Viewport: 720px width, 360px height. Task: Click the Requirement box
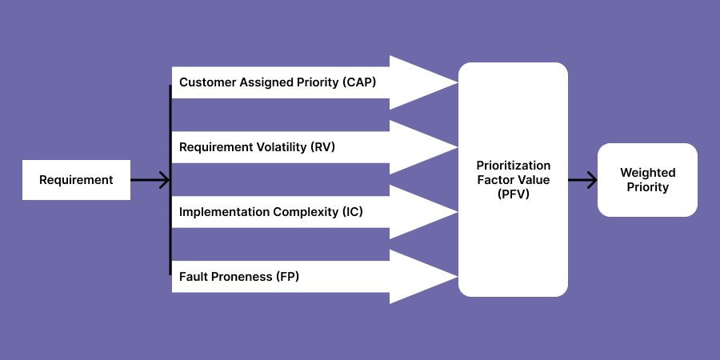(x=76, y=180)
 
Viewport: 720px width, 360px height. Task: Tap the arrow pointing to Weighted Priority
(x=582, y=180)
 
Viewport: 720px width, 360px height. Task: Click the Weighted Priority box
(x=647, y=180)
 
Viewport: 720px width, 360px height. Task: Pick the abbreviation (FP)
(x=287, y=277)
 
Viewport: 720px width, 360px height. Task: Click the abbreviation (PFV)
(x=513, y=194)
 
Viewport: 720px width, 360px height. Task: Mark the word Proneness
(x=242, y=277)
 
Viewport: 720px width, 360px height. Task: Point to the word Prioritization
(x=513, y=166)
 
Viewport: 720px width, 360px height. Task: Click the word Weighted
(x=647, y=173)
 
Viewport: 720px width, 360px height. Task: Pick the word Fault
(x=194, y=277)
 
